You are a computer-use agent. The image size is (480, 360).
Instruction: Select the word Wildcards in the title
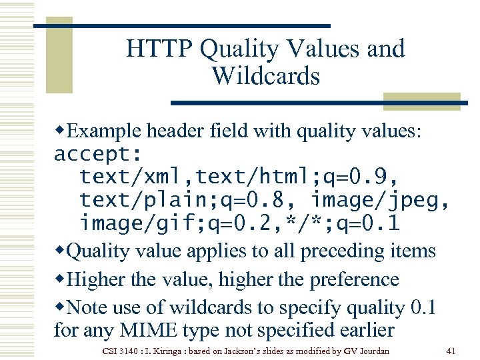coord(266,76)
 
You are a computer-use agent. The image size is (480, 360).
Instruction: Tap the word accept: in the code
coord(97,155)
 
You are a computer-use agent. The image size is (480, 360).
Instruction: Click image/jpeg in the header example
coord(377,200)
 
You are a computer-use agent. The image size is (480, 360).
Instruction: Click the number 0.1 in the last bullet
coord(423,308)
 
